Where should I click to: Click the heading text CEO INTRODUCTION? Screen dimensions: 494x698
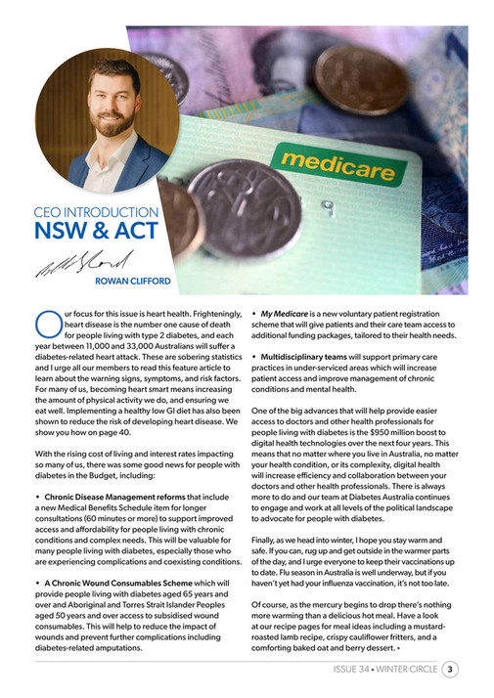pos(96,212)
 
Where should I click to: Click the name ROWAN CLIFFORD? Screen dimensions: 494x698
pos(133,282)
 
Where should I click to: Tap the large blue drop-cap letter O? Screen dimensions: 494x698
pos(46,322)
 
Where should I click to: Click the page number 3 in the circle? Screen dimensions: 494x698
pos(449,670)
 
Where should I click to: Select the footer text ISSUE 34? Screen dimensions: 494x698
pos(349,670)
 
